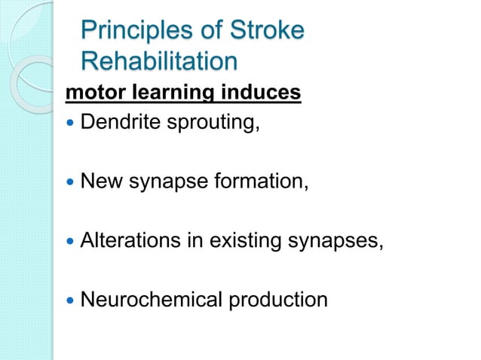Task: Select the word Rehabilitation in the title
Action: click(x=158, y=60)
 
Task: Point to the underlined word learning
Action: click(x=164, y=94)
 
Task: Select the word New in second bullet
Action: click(x=99, y=181)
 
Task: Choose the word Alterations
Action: click(x=127, y=241)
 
